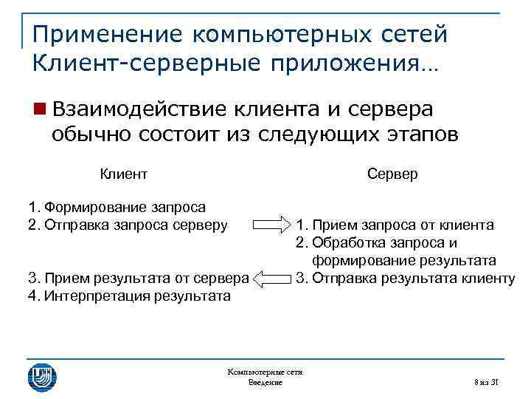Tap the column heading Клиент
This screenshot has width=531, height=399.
(x=124, y=174)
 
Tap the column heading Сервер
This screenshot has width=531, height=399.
(x=392, y=174)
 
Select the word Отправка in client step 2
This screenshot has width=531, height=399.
(x=77, y=225)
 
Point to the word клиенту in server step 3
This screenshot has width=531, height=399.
(x=488, y=279)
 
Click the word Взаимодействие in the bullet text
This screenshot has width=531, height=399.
(x=139, y=110)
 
